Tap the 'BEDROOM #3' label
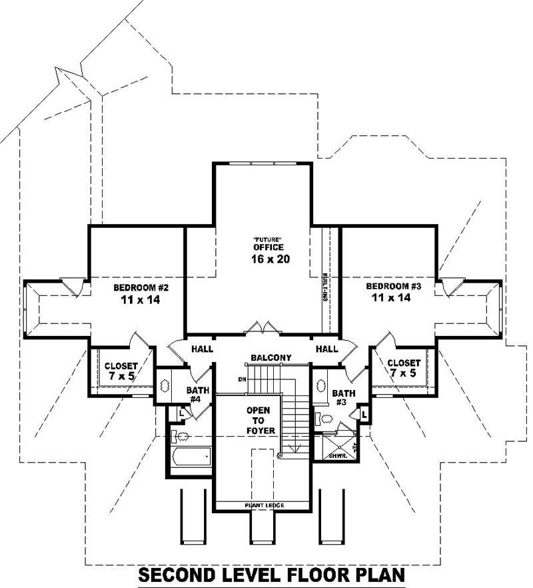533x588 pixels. pyautogui.click(x=394, y=286)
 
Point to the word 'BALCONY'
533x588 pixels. pyautogui.click(x=271, y=358)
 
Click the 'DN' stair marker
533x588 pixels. pyautogui.click(x=242, y=379)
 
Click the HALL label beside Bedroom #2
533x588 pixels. pyautogui.click(x=202, y=349)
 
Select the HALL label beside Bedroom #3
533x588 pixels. pyautogui.click(x=326, y=349)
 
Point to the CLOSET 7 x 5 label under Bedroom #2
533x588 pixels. pyautogui.click(x=121, y=371)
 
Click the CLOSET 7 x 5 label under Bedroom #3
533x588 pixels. pyautogui.click(x=404, y=368)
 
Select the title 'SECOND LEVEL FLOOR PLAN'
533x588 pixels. pyautogui.click(x=271, y=575)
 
